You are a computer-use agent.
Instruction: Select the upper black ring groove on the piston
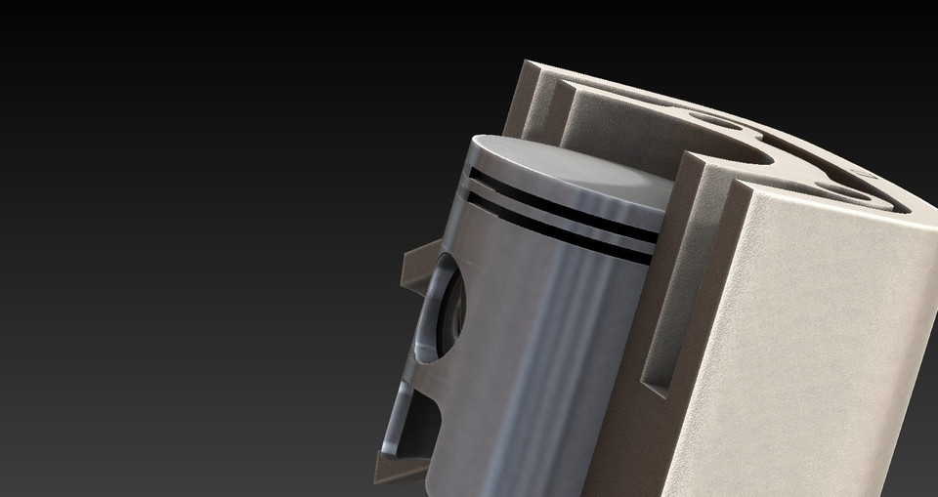click(x=557, y=199)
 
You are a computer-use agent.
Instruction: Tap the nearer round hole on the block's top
click(x=838, y=186)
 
